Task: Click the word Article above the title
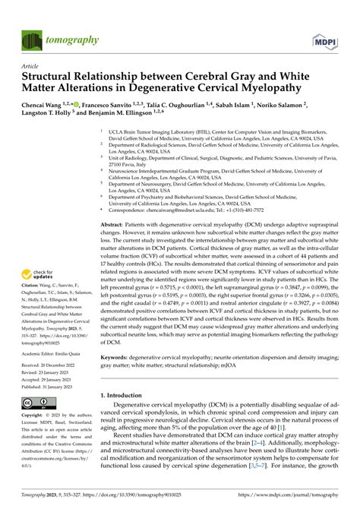(30, 66)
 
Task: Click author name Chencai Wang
(43, 106)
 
